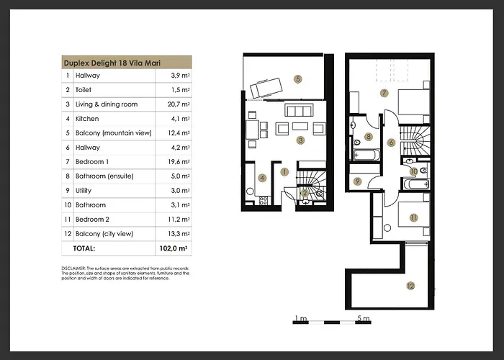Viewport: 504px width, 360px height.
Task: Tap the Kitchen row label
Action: (x=87, y=119)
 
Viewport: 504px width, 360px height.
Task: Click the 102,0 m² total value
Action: (x=174, y=248)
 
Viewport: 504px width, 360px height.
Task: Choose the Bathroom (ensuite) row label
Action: (x=105, y=176)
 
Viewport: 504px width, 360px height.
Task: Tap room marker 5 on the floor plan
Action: (x=297, y=78)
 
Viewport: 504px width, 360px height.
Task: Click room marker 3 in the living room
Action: (x=301, y=140)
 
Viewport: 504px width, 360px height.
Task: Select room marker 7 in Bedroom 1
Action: (x=384, y=93)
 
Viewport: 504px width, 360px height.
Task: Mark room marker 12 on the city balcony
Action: (x=410, y=286)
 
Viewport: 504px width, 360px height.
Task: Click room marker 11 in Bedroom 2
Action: (x=413, y=217)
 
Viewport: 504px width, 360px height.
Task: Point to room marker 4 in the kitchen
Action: (x=262, y=178)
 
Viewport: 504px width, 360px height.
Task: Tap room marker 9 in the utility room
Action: (x=358, y=181)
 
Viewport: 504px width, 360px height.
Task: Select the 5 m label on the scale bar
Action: (x=363, y=318)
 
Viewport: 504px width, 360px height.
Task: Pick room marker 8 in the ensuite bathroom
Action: (x=368, y=136)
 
